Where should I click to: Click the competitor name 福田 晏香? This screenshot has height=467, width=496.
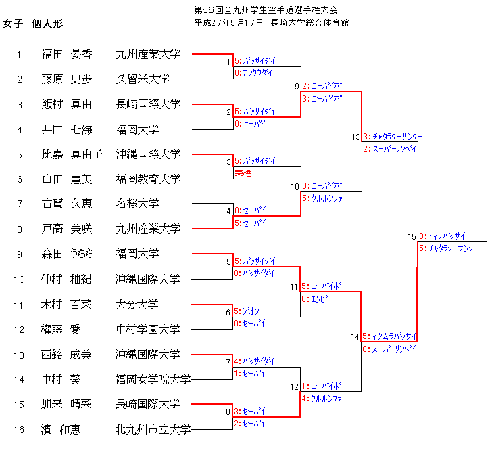click(x=67, y=54)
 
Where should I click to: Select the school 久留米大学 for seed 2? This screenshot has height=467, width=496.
click(x=143, y=79)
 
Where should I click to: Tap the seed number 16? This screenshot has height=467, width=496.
click(x=20, y=429)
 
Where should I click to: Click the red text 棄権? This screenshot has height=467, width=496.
click(x=243, y=174)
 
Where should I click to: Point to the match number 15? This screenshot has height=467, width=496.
click(x=412, y=237)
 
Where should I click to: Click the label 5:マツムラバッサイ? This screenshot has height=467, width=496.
click(x=389, y=336)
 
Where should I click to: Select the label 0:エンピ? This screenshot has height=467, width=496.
click(x=315, y=298)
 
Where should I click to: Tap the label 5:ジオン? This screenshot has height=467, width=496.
click(x=247, y=311)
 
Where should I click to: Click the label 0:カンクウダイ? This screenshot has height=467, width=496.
click(x=254, y=73)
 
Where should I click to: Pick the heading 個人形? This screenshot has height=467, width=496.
click(x=47, y=24)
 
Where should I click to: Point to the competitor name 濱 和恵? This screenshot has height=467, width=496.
click(x=61, y=429)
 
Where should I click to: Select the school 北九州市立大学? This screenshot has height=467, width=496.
click(x=153, y=429)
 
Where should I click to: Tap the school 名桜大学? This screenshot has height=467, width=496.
click(x=137, y=204)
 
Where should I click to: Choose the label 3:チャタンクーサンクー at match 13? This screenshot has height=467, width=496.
click(x=393, y=137)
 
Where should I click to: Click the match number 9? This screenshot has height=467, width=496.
click(x=297, y=87)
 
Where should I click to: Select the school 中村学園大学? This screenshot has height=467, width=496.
click(x=147, y=330)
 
